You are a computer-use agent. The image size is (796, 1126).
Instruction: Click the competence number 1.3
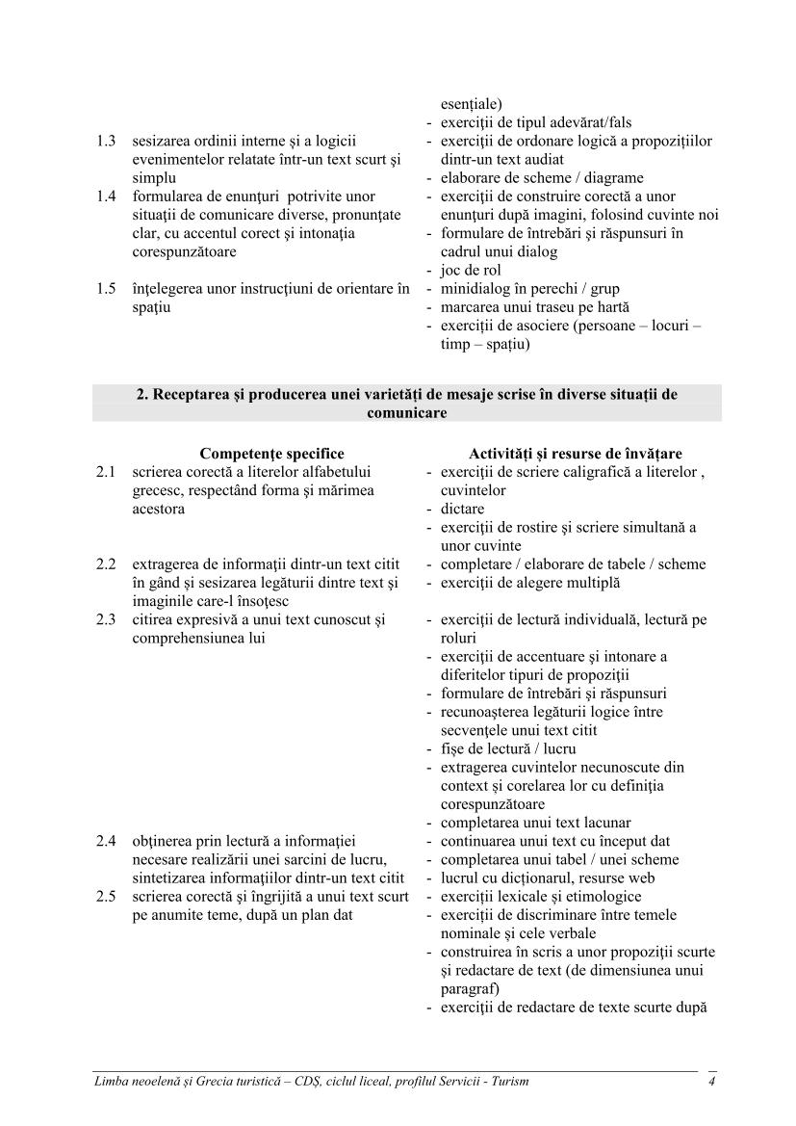click(106, 142)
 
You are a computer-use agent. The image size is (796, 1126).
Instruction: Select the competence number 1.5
click(106, 289)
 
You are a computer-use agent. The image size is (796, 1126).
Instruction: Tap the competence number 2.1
click(106, 472)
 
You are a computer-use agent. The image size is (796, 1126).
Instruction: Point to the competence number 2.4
click(106, 841)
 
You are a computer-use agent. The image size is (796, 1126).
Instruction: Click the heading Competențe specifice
click(271, 454)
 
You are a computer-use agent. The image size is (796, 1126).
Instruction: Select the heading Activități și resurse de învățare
click(574, 454)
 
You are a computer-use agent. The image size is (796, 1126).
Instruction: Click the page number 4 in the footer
click(711, 1082)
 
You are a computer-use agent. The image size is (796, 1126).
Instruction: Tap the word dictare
click(463, 509)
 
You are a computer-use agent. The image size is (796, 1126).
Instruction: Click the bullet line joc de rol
click(471, 271)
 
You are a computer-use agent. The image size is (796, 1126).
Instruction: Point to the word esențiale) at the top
click(472, 104)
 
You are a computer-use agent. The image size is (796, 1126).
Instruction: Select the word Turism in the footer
click(507, 1082)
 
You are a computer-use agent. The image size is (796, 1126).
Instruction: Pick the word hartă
click(610, 307)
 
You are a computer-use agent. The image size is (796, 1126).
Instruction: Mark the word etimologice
click(606, 897)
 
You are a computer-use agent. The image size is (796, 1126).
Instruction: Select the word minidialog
click(475, 289)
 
